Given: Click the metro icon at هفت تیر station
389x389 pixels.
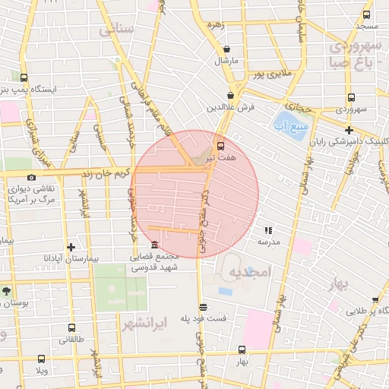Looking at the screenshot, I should pos(220,145).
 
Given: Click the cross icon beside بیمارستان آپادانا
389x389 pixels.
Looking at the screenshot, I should pos(71,247).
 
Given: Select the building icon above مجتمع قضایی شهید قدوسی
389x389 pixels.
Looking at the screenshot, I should pos(155,245).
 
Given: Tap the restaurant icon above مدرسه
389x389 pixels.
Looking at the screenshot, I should pos(268,229).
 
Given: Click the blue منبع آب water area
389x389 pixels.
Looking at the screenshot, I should pos(289,126).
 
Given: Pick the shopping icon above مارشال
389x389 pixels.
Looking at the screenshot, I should pos(226,49).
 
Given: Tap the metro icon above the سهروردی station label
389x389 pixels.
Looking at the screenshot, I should pos(350,98).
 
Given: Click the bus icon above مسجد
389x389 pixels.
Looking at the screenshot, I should pos(367,14).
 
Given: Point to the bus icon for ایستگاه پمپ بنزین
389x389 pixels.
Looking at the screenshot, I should pos(24,77).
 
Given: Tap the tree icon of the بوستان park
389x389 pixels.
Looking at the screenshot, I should pos(7,291).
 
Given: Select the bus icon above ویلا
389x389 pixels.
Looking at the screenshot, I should pos(40,359).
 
